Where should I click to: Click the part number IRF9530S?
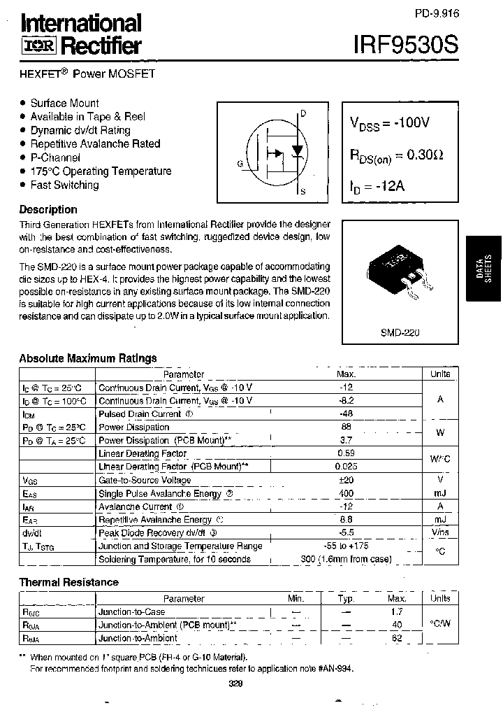coord(406,45)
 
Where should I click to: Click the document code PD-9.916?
coord(437,14)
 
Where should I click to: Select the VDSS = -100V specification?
coord(389,124)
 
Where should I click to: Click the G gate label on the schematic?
coord(240,164)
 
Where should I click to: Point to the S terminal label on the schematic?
coord(302,191)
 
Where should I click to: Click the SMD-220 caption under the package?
coord(400,334)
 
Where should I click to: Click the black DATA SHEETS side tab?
coord(483,267)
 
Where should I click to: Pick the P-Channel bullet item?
coord(59,157)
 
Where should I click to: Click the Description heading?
coord(48,209)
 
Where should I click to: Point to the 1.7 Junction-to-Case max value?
coord(397,611)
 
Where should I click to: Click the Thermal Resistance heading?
coord(68,582)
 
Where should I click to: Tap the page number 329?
coord(235,685)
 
